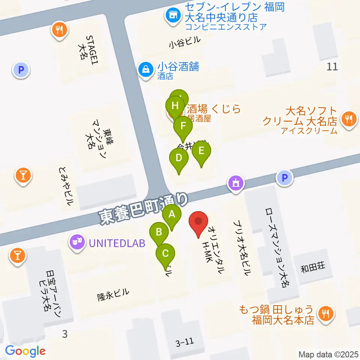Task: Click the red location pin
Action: pyautogui.click(x=199, y=222)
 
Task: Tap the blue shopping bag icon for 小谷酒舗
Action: pyautogui.click(x=144, y=69)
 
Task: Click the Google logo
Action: pyautogui.click(x=25, y=351)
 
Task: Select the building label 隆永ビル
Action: pyautogui.click(x=113, y=295)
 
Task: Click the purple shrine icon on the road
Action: pyautogui.click(x=236, y=184)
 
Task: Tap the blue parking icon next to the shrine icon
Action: pyautogui.click(x=284, y=177)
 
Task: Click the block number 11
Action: pyautogui.click(x=332, y=67)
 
